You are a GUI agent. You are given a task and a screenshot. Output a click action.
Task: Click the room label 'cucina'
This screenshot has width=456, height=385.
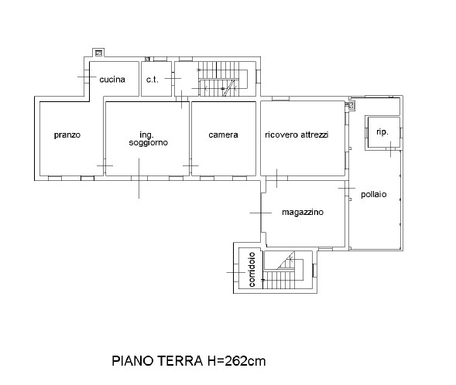click(112, 80)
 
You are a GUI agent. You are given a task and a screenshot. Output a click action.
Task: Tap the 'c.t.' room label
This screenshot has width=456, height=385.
click(153, 80)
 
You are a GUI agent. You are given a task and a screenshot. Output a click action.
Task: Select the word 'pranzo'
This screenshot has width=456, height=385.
click(67, 135)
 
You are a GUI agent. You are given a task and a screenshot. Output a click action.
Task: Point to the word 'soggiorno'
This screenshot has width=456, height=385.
click(149, 143)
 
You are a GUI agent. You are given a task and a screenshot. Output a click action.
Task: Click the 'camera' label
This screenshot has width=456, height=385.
click(223, 135)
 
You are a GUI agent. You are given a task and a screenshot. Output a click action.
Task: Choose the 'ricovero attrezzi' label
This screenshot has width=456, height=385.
click(297, 135)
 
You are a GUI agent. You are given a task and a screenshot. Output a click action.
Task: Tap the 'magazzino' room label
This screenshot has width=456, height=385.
click(303, 213)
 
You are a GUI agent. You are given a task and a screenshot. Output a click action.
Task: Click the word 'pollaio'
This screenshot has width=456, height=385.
click(374, 194)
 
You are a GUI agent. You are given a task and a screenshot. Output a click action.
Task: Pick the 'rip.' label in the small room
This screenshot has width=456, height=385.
click(382, 132)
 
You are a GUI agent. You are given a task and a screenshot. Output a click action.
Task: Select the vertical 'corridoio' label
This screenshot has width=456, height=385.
click(252, 270)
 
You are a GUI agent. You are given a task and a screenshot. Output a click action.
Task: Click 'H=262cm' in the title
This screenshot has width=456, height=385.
click(236, 361)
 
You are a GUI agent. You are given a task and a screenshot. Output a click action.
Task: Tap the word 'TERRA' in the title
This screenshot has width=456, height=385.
click(180, 361)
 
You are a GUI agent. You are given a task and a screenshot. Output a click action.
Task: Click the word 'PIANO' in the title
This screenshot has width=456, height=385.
click(132, 361)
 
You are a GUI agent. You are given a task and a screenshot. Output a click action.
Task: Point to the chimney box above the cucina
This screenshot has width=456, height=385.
click(98, 53)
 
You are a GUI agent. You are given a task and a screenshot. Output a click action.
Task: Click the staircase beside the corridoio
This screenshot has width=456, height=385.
click(283, 270)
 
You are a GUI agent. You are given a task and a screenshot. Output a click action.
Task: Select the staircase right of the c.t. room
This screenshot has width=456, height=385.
click(223, 79)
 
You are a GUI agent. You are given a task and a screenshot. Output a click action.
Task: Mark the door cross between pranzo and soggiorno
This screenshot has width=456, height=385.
click(105, 165)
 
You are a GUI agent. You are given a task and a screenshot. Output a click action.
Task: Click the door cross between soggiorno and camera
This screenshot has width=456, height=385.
click(190, 165)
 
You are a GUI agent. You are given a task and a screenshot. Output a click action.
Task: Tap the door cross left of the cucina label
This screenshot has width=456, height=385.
click(87, 77)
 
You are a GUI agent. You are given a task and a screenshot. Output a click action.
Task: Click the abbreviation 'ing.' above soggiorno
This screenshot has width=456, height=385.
click(146, 135)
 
